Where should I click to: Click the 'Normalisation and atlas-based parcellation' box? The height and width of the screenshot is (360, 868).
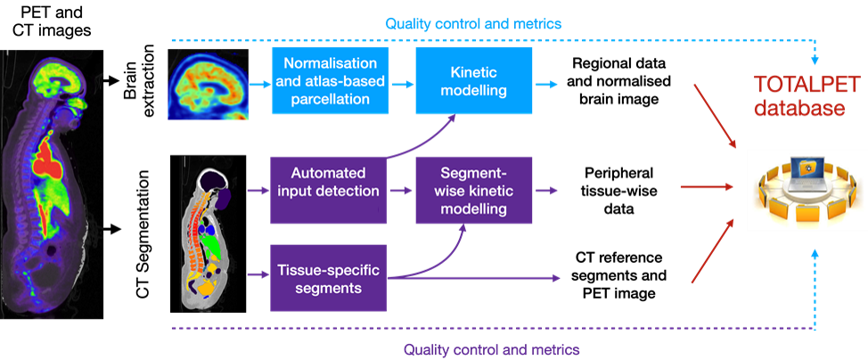[x=329, y=81]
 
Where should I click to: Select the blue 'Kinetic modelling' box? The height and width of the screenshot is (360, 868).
[x=473, y=81]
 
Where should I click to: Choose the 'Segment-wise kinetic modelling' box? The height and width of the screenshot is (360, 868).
[x=473, y=190]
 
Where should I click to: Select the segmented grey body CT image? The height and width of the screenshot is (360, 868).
[x=214, y=233]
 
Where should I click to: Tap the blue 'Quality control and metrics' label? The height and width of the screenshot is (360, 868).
[x=473, y=24]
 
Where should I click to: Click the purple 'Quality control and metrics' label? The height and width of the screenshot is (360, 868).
[x=492, y=348]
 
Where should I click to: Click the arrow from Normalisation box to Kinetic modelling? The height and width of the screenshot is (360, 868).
[x=401, y=85]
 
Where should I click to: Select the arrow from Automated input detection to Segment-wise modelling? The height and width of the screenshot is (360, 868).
[x=401, y=190]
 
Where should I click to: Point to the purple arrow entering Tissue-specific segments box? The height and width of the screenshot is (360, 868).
[x=258, y=274]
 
